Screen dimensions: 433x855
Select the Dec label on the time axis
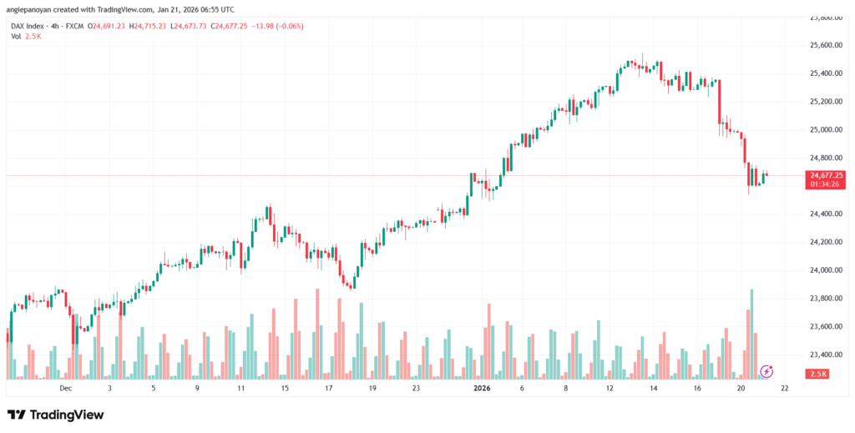tap(66, 388)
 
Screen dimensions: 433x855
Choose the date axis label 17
tap(328, 388)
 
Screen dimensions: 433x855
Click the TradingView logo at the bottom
tap(56, 415)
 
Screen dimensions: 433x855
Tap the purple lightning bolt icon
tap(766, 370)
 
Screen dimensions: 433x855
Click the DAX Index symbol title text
tap(33, 26)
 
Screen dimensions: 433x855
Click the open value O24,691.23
tap(108, 26)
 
